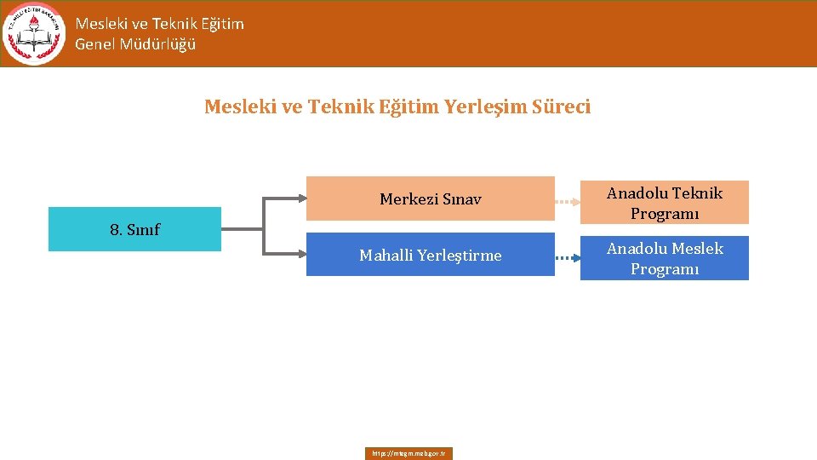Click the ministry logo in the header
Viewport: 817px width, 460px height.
(x=34, y=34)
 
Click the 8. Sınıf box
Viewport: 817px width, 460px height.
(x=134, y=229)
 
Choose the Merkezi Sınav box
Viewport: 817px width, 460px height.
(x=430, y=199)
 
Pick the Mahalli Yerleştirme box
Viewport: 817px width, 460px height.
(x=430, y=255)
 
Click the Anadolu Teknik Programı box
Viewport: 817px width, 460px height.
(x=664, y=203)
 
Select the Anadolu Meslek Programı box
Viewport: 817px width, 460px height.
(x=664, y=258)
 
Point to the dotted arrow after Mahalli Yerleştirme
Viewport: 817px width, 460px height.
(x=568, y=255)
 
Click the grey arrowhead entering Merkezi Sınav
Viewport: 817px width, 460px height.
(x=300, y=199)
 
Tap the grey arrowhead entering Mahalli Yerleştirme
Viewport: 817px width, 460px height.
(x=300, y=255)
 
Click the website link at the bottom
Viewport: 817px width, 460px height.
(x=409, y=453)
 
